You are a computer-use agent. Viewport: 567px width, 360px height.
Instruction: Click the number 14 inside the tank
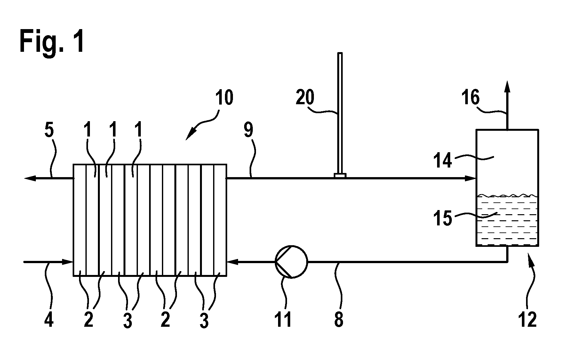coord(443,160)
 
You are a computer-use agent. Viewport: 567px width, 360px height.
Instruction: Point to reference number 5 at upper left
coord(49,131)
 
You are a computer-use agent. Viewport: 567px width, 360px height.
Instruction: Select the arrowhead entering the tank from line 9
coord(470,178)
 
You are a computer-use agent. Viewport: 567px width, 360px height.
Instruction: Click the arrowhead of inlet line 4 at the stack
coord(67,262)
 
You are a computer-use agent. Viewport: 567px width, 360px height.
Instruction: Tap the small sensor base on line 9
coord(340,176)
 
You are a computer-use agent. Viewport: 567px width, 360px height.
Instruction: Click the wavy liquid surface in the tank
coord(507,195)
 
